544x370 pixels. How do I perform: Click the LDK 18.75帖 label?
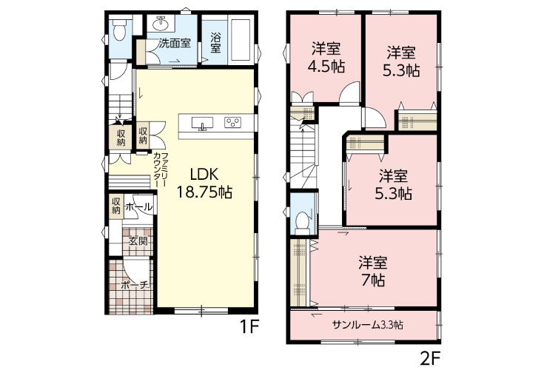(x=204, y=183)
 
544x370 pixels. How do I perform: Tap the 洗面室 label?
(x=175, y=44)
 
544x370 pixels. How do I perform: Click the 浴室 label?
(x=215, y=43)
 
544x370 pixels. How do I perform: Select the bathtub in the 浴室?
(x=241, y=39)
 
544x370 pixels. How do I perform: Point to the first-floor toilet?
(x=120, y=30)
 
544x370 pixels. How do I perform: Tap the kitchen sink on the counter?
(x=202, y=123)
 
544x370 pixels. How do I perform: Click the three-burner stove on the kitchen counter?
(x=232, y=122)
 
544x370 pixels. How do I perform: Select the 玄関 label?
(x=138, y=241)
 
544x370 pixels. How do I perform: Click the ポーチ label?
(x=135, y=286)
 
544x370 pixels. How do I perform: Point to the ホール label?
(x=138, y=207)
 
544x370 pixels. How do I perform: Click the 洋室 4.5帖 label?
(x=326, y=58)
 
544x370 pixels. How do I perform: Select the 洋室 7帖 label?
(x=373, y=272)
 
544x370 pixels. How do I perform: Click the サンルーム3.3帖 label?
(x=367, y=325)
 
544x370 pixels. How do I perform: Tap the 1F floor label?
(x=250, y=326)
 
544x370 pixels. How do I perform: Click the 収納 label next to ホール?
(x=116, y=206)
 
